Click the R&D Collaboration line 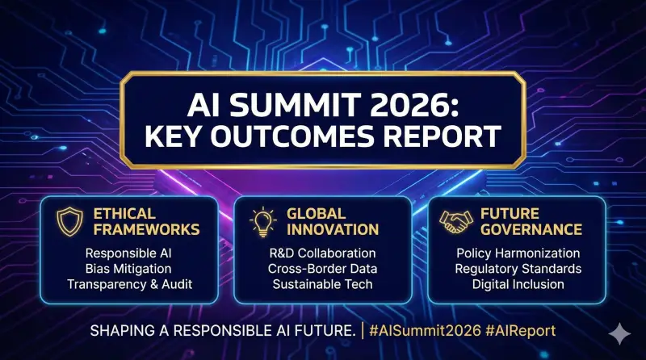click(x=322, y=253)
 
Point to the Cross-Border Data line click(x=322, y=269)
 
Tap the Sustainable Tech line click(x=322, y=284)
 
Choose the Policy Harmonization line click(x=516, y=253)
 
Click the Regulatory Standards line click(x=516, y=269)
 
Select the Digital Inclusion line click(x=516, y=284)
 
